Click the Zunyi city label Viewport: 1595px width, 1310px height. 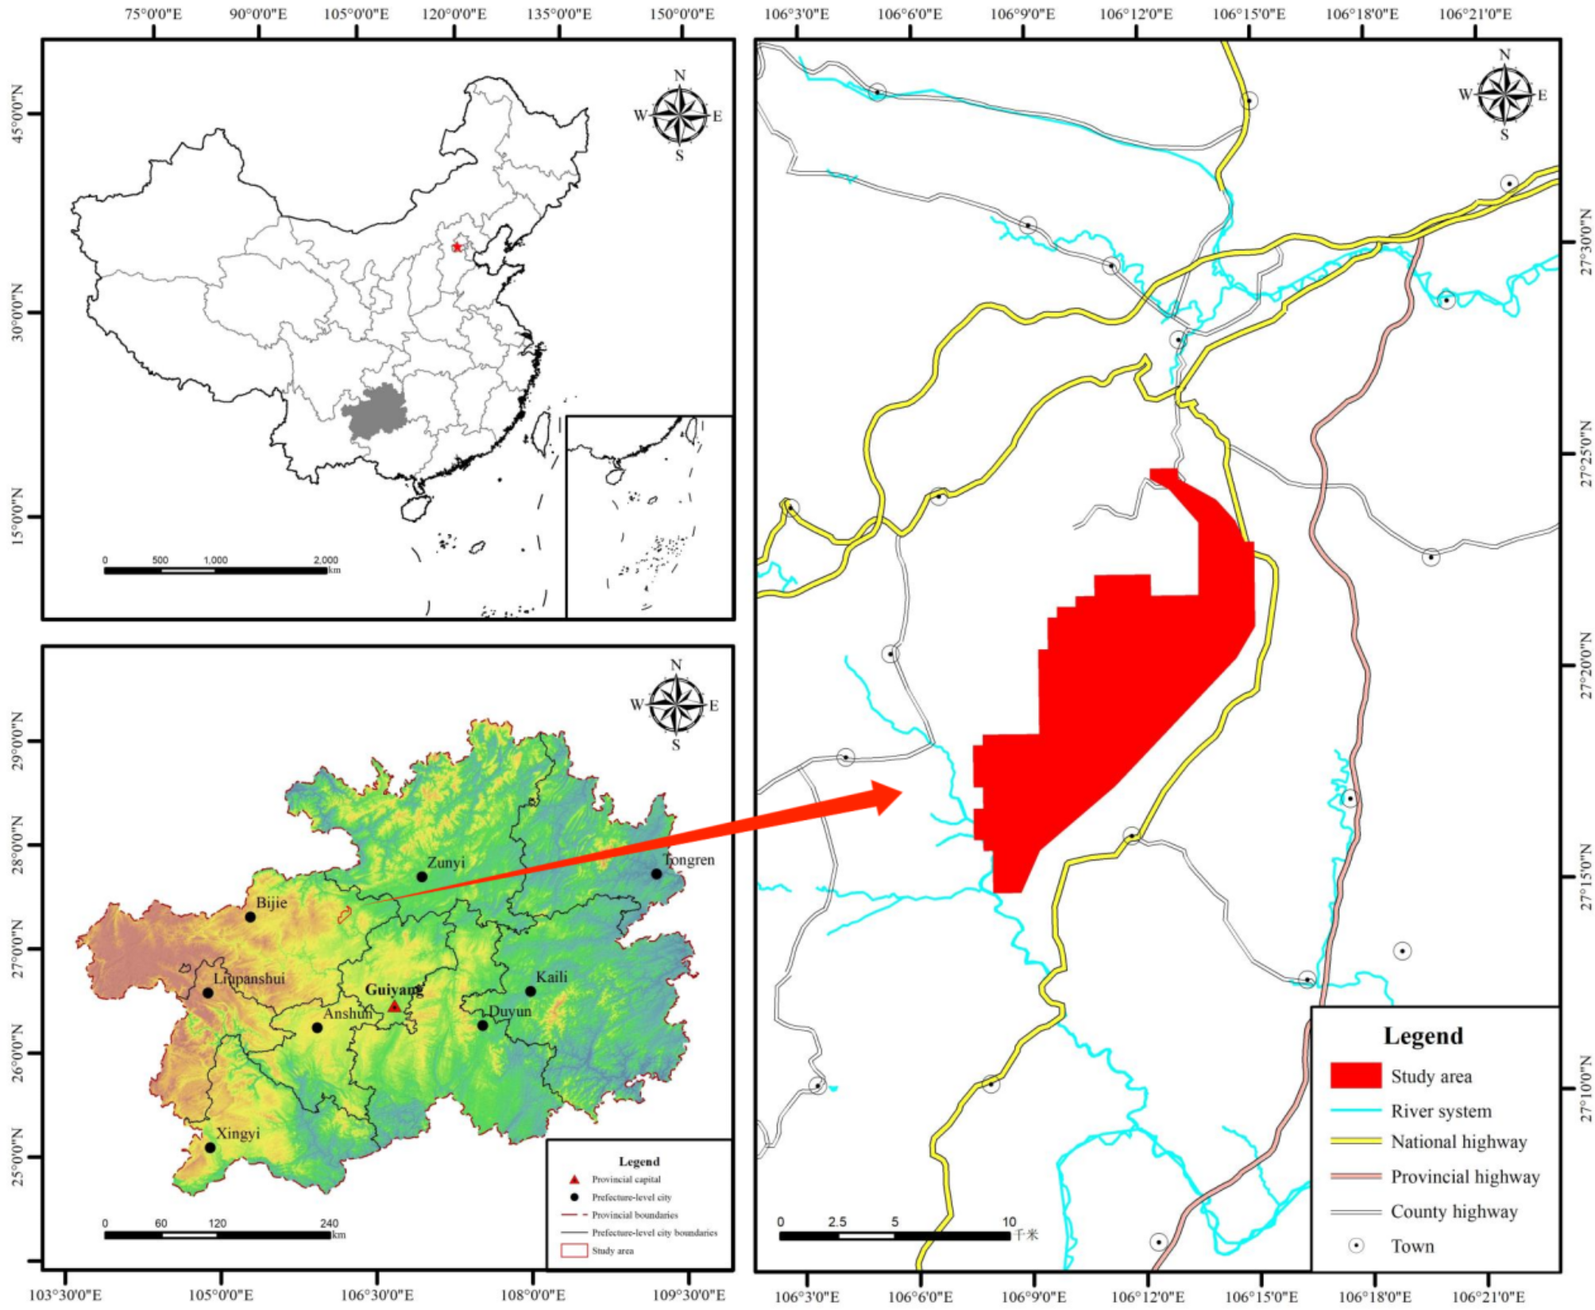446,862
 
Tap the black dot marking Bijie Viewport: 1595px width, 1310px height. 250,917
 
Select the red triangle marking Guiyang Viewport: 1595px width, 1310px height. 395,1007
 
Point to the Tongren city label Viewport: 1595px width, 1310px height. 689,860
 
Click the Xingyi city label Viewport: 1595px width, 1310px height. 238,1133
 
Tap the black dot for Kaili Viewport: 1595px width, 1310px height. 531,991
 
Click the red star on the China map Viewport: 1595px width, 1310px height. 457,247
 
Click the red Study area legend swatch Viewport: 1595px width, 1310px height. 1356,1076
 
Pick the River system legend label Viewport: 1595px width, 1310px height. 1441,1111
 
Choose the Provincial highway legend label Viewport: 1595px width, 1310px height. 1465,1177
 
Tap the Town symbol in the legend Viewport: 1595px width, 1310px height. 1356,1245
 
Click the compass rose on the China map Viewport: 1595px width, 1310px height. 679,116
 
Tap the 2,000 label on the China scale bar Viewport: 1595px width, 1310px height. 325,560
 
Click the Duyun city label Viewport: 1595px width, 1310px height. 510,1011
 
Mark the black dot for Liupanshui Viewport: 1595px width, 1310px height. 208,993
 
